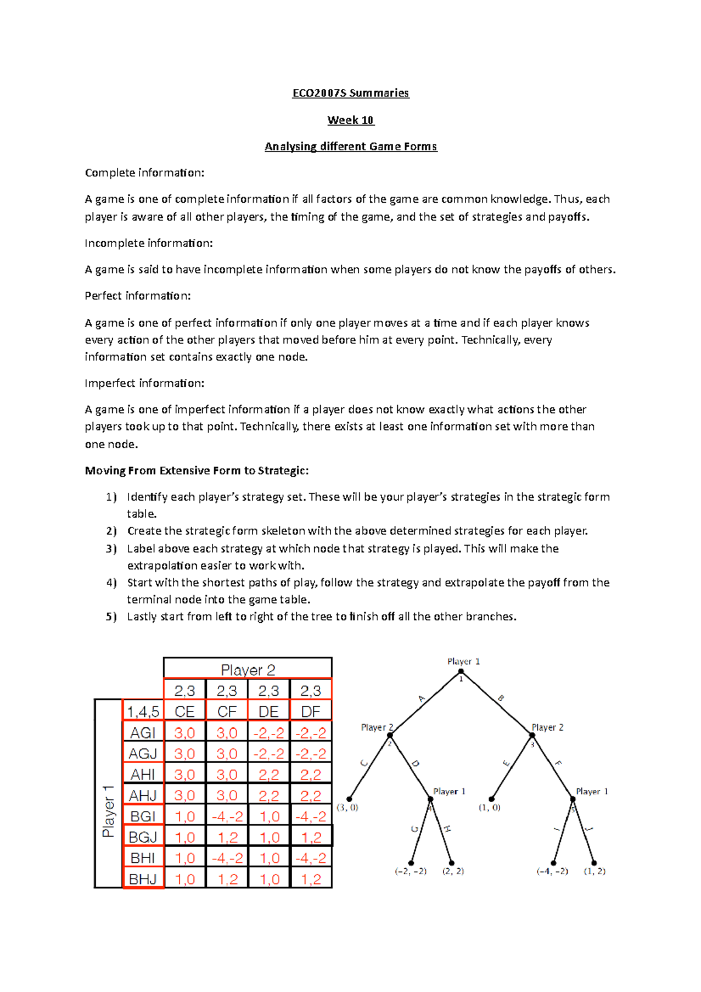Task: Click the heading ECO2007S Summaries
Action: click(350, 93)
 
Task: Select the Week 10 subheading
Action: click(350, 120)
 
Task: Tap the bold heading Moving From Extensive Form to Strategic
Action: click(197, 470)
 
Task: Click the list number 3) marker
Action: click(112, 549)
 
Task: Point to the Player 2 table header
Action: click(248, 669)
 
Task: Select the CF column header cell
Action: click(227, 711)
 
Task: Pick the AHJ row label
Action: click(143, 795)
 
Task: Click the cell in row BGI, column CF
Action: click(227, 816)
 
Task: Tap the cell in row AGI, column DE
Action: click(269, 733)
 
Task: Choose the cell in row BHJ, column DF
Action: click(311, 879)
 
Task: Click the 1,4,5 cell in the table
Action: click(143, 711)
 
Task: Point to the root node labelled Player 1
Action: click(461, 672)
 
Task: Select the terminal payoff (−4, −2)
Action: click(552, 871)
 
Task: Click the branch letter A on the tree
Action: click(421, 699)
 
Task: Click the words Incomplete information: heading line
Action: click(148, 243)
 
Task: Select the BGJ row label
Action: click(143, 837)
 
